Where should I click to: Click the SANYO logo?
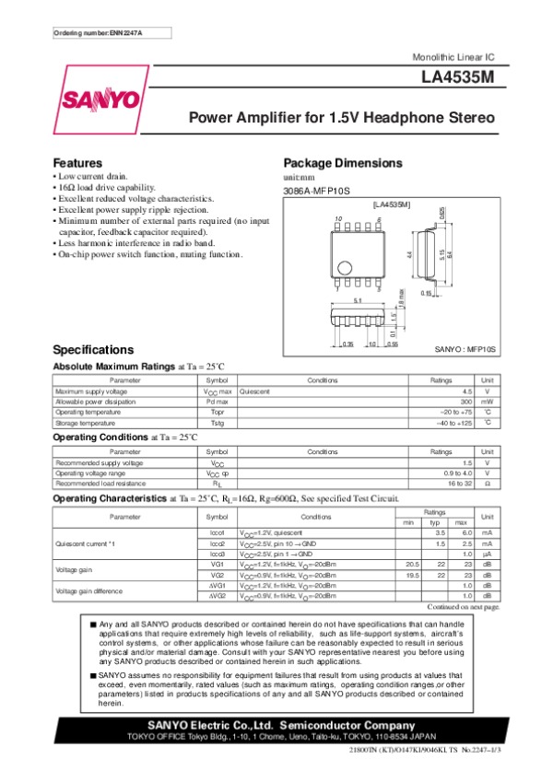tap(101, 100)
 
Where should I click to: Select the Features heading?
tap(76, 163)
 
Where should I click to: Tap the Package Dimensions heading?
tap(343, 163)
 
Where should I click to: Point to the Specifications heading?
tap(94, 350)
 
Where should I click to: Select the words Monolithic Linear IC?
tap(456, 58)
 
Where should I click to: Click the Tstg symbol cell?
tap(218, 424)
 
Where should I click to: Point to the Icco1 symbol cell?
tap(218, 533)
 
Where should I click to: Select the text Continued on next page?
tap(465, 607)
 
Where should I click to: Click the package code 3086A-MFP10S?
tap(315, 191)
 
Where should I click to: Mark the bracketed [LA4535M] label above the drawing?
tap(392, 203)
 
